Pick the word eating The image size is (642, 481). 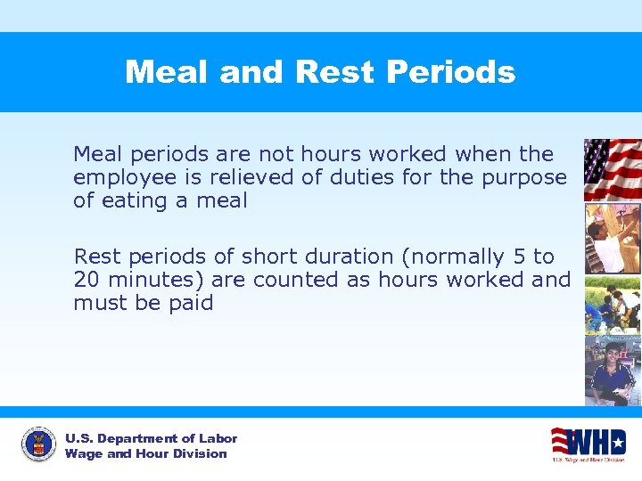[133, 201]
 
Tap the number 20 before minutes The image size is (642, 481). [86, 280]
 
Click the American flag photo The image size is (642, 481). [612, 169]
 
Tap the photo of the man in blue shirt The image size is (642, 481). [612, 370]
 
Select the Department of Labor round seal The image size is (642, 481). [38, 444]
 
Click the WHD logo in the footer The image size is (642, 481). [588, 442]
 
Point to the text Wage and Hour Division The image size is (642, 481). [145, 454]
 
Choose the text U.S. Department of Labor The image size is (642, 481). [151, 438]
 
